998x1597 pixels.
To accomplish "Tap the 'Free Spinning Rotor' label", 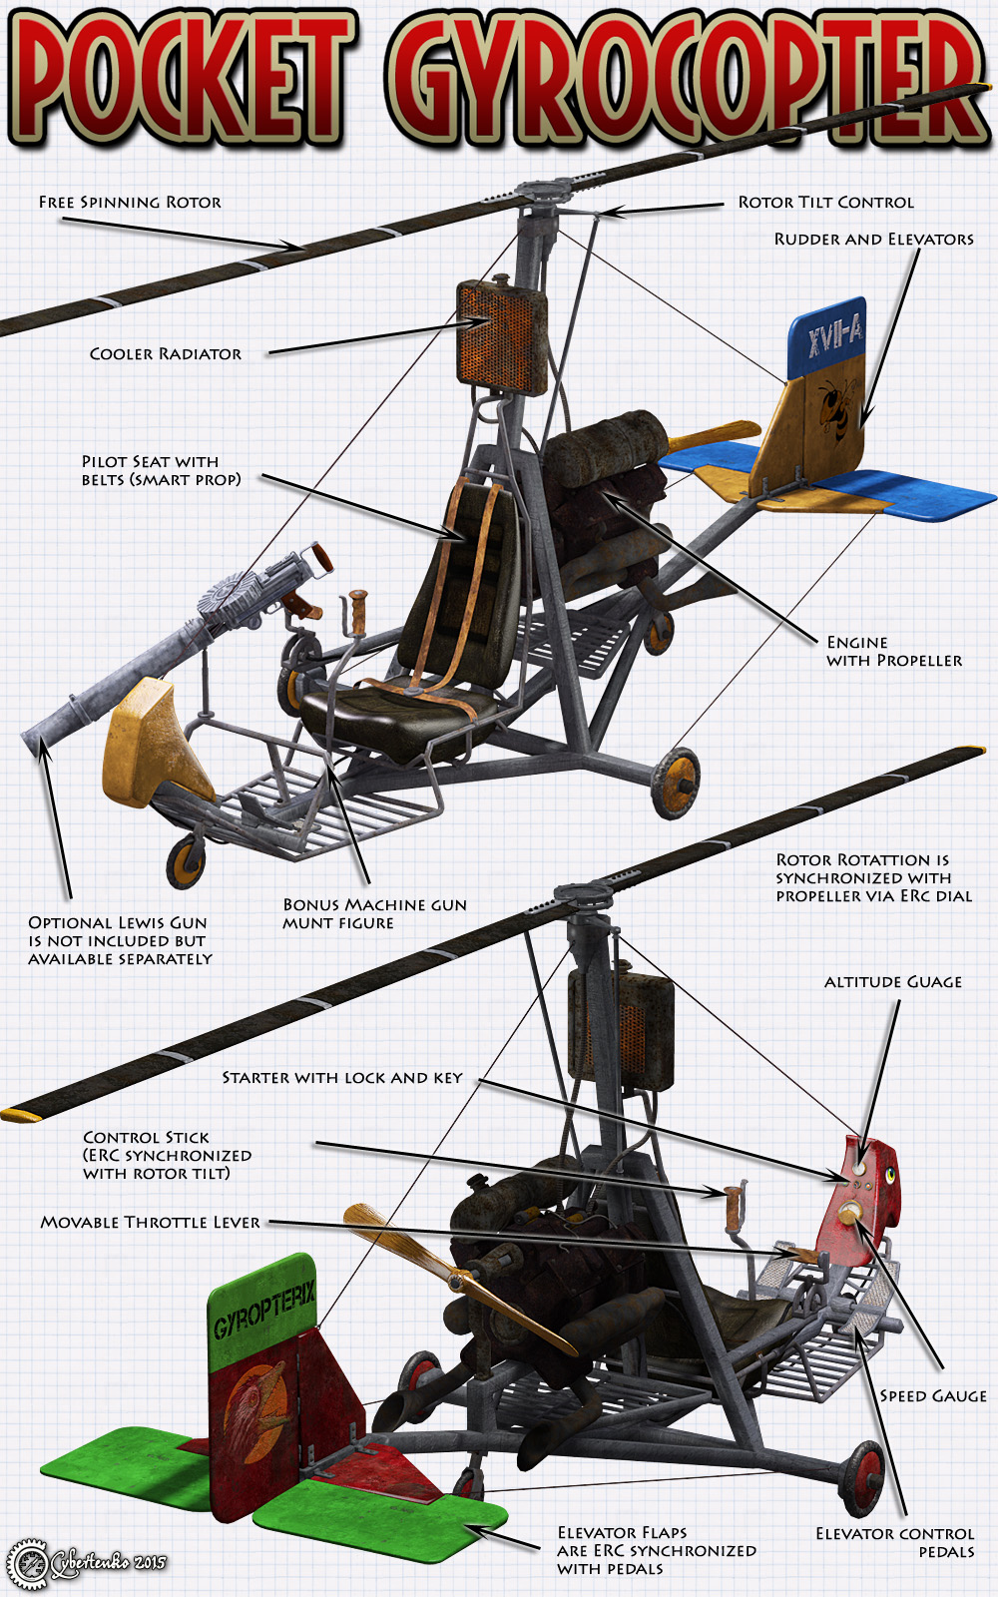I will coord(130,202).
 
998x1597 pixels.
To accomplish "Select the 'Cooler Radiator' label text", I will coord(166,353).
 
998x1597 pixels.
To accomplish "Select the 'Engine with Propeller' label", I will coord(893,651).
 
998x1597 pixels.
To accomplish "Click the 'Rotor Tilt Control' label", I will coord(825,202).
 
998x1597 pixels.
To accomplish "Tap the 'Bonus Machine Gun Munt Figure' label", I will coord(374,913).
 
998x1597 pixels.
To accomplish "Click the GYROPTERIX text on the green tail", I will coord(264,1309).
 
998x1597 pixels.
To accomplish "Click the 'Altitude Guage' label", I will coord(893,982).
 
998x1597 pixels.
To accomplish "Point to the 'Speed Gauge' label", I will coord(932,1395).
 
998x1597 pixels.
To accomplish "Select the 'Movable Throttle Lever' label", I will coord(151,1222).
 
